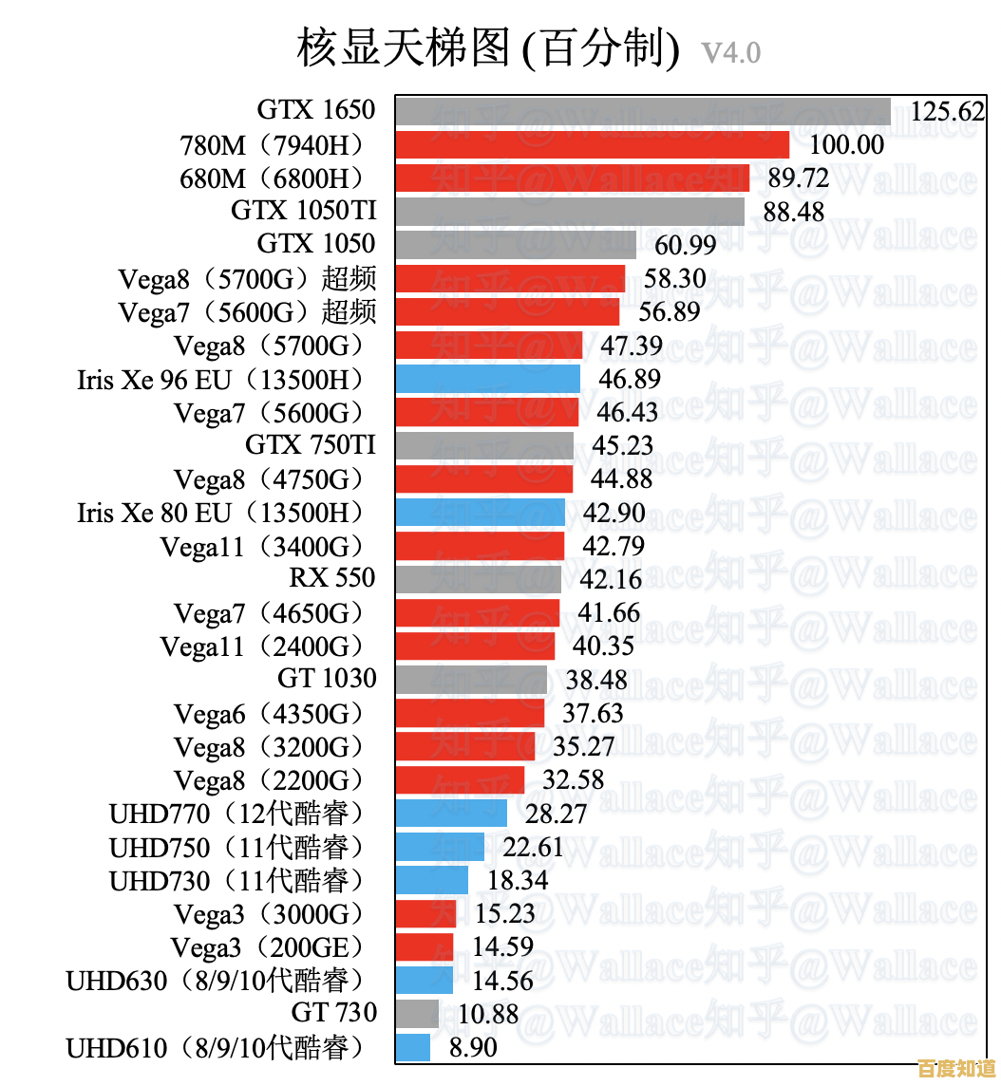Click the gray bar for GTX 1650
click(643, 110)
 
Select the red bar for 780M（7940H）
click(593, 144)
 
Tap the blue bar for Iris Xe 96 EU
click(487, 379)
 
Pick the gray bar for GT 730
click(417, 1014)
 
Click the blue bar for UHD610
click(413, 1047)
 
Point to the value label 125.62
click(947, 111)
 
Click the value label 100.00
click(846, 144)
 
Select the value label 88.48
click(794, 211)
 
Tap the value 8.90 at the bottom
click(473, 1047)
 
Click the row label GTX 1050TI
click(303, 211)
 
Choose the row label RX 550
click(332, 578)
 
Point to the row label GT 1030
click(327, 679)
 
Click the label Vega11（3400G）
click(263, 546)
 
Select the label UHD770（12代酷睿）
click(237, 814)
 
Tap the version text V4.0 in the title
click(731, 51)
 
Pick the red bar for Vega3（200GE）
click(425, 946)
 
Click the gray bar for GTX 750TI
click(484, 445)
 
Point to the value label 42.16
click(611, 579)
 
